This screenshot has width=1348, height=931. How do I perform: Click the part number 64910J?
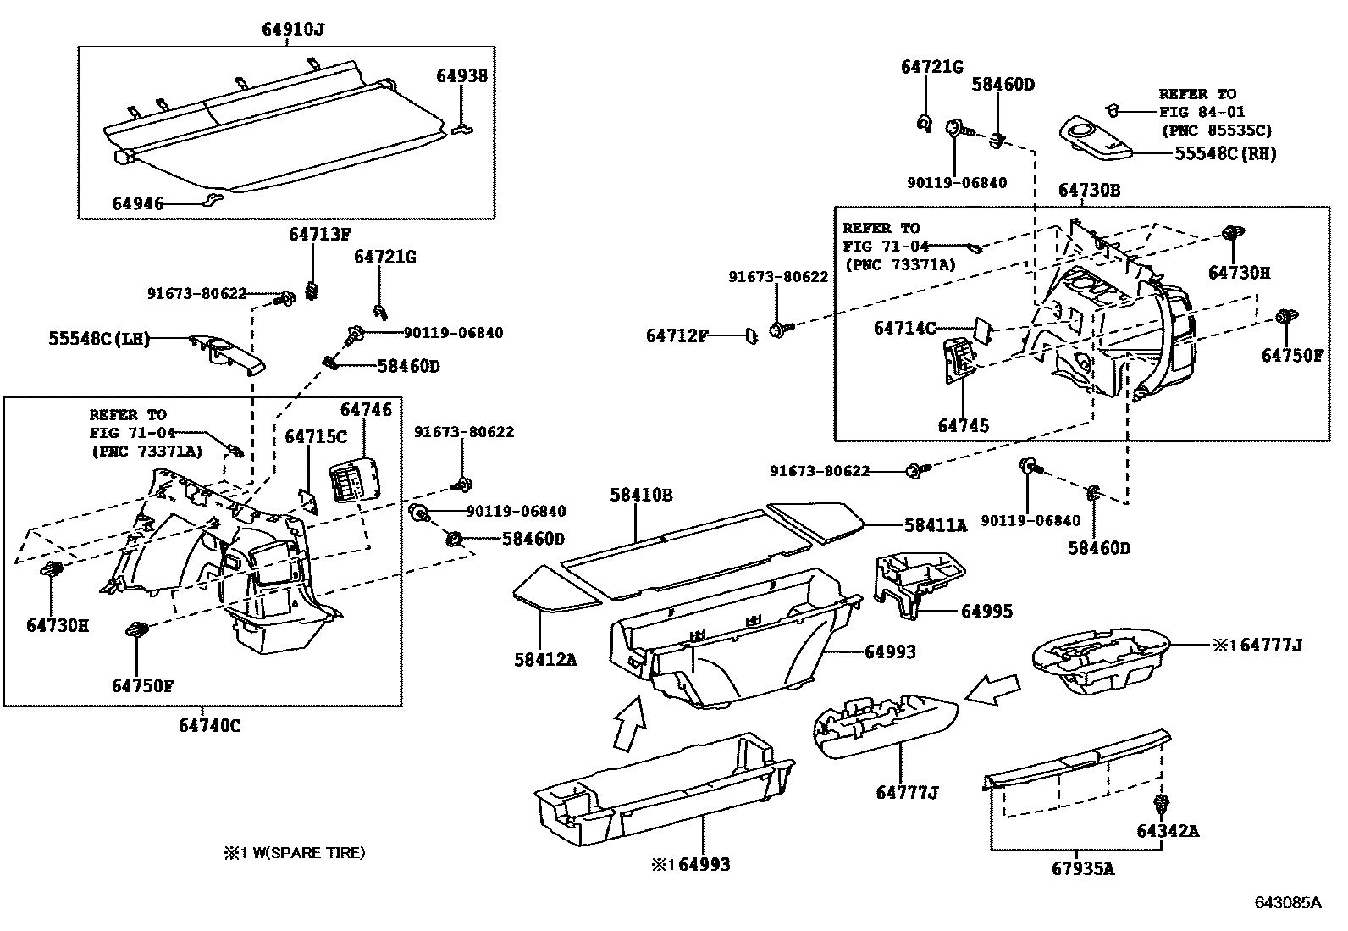(x=293, y=30)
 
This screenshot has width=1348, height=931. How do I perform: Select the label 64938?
(x=461, y=75)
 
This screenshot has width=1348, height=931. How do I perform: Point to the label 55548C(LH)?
(x=98, y=339)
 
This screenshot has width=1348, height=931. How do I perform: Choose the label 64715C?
(x=316, y=436)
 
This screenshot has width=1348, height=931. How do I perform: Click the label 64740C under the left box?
(x=209, y=726)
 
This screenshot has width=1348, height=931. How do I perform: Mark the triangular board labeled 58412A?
(x=555, y=590)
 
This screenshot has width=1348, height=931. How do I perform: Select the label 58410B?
(x=641, y=495)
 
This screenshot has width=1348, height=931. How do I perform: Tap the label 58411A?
(x=935, y=525)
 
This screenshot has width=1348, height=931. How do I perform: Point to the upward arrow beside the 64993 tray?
(x=628, y=722)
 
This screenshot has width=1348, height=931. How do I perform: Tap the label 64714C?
(x=904, y=328)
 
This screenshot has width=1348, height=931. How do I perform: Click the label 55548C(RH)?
(x=1225, y=153)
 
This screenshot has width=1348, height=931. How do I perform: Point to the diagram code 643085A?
(x=1287, y=902)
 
